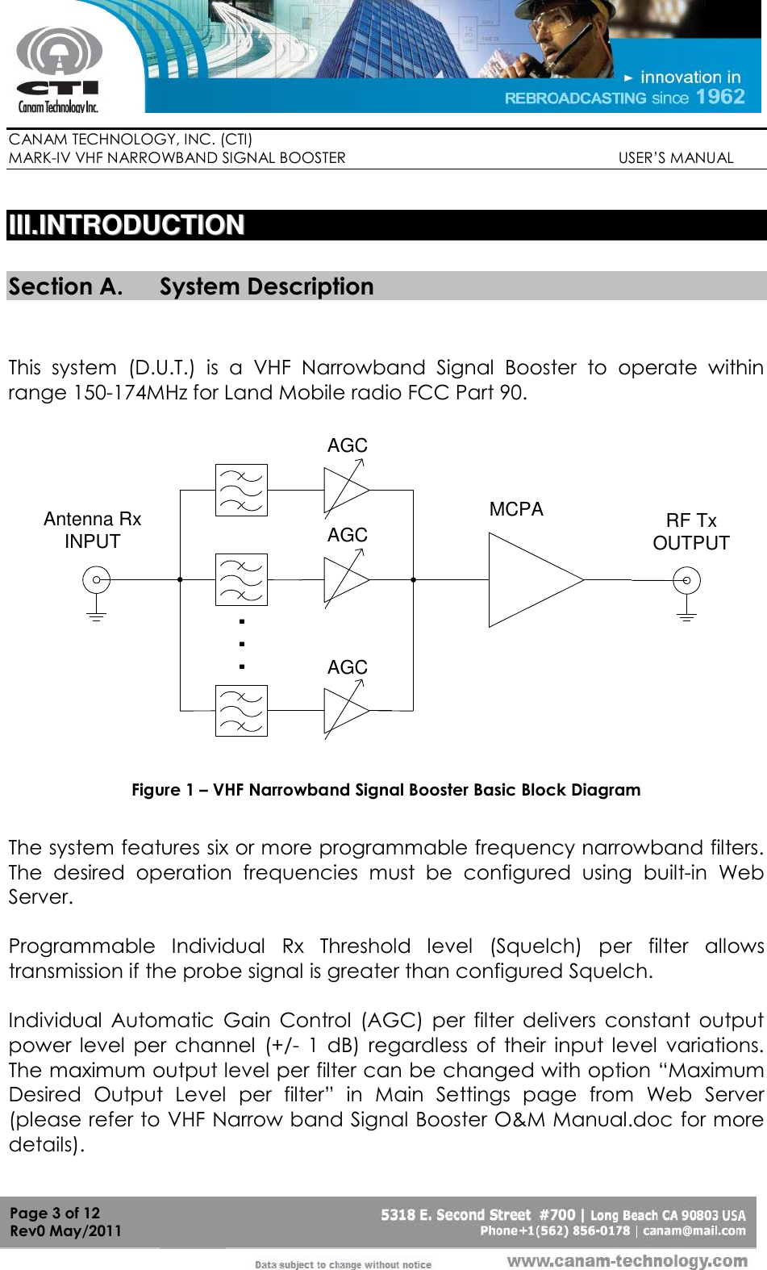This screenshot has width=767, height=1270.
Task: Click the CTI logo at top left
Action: (x=58, y=69)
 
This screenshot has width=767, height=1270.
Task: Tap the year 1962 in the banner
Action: (x=719, y=98)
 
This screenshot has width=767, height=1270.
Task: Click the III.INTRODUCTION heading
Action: (x=126, y=225)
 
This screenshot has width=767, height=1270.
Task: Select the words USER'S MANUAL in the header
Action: (x=676, y=158)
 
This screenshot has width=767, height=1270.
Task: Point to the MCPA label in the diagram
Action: (x=516, y=509)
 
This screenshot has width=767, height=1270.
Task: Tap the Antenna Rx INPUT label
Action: (x=92, y=530)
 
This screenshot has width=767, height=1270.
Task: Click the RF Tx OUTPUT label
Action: (x=691, y=532)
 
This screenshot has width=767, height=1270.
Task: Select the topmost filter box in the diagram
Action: (x=241, y=490)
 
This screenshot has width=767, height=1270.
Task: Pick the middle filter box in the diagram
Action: (x=241, y=579)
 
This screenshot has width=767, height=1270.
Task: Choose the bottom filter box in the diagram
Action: (x=241, y=710)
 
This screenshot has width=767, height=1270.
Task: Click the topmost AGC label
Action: (x=348, y=445)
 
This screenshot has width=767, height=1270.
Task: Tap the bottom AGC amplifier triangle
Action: (x=344, y=710)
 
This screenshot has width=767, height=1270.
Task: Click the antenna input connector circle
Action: (x=97, y=579)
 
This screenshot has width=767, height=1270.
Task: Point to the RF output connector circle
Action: (x=686, y=579)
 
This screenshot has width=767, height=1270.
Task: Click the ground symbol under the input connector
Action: (x=97, y=617)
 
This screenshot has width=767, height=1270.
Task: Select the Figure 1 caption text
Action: (x=386, y=790)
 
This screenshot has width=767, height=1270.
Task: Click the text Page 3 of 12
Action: (x=55, y=1213)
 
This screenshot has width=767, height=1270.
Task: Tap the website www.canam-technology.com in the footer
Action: (x=627, y=1260)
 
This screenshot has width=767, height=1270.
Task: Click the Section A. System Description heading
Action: (x=191, y=286)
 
